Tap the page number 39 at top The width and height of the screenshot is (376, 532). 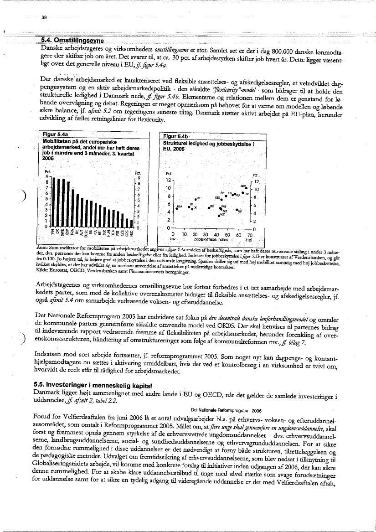click(44, 17)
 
